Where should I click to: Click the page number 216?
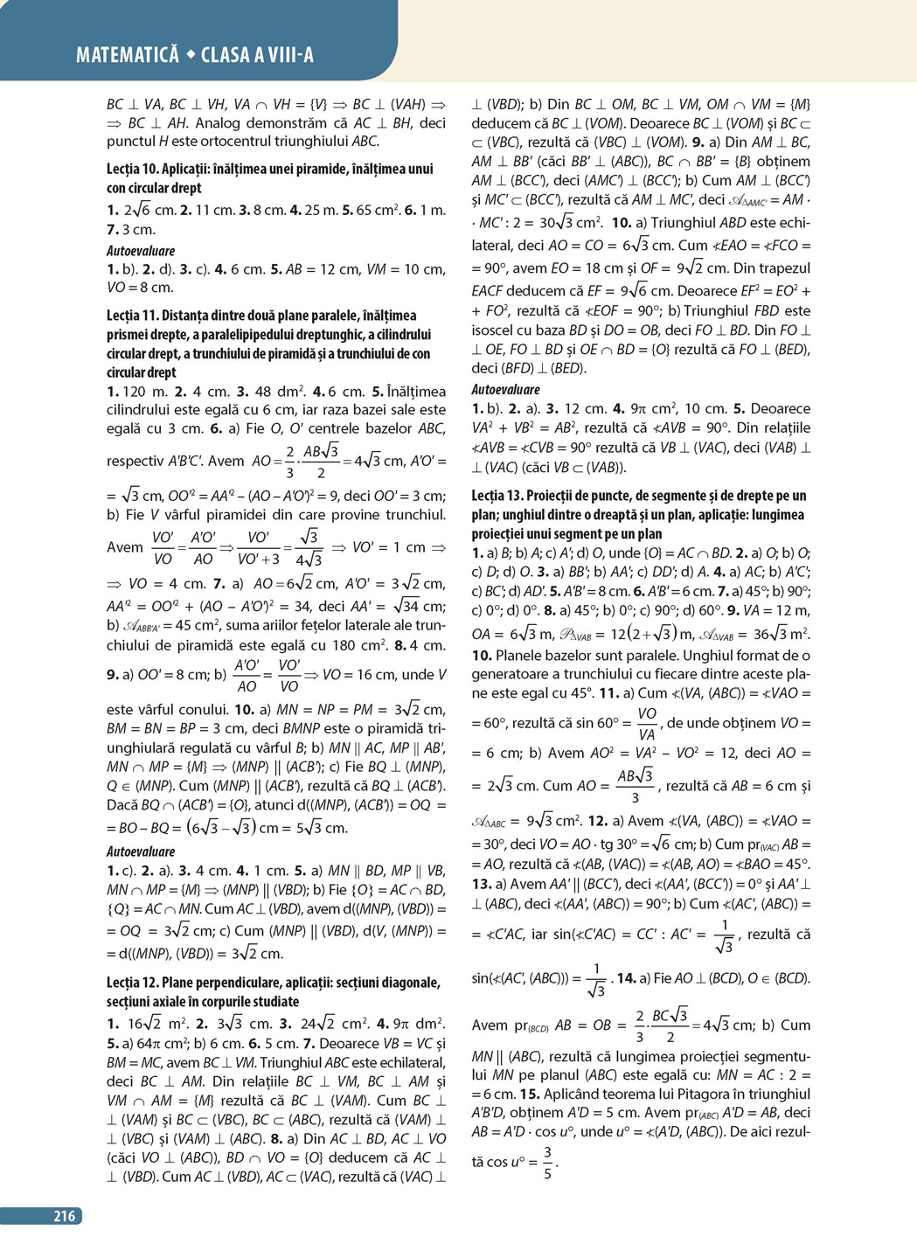click(65, 1215)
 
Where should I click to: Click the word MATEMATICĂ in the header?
click(127, 55)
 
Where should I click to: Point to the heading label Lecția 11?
click(132, 316)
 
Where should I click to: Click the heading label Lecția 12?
click(133, 983)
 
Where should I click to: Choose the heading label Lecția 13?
click(497, 496)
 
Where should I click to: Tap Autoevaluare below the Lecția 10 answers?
click(141, 251)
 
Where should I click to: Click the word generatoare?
click(512, 674)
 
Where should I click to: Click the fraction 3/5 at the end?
click(547, 1163)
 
